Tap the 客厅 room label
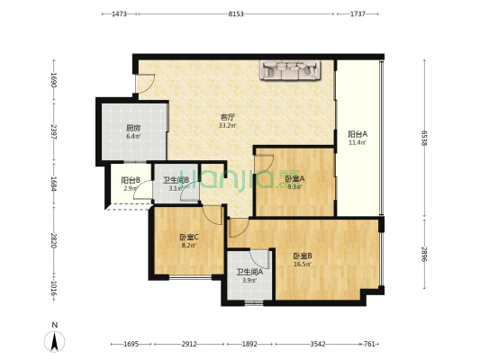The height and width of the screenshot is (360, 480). click(229, 117)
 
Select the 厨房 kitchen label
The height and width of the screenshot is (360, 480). click(132, 128)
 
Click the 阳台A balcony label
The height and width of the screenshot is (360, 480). click(358, 134)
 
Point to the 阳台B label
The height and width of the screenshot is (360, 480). click(130, 180)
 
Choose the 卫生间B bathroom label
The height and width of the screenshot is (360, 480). click(176, 179)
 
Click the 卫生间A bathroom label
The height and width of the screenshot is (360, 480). click(247, 272)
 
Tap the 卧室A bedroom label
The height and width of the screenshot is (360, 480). click(294, 179)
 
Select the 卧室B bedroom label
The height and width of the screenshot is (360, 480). click(302, 256)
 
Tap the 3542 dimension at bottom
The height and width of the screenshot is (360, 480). click(317, 344)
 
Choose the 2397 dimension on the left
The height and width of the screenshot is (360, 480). click(54, 132)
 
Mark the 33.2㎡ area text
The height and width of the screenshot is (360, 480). click(229, 126)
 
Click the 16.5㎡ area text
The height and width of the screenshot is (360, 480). click(302, 265)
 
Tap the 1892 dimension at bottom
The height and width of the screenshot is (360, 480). click(249, 344)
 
